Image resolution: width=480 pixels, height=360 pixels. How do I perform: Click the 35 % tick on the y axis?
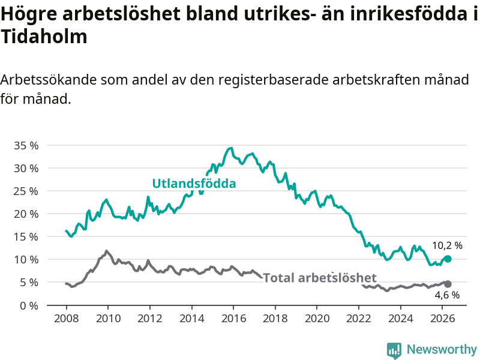26,145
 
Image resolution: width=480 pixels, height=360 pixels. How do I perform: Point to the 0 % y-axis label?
29,305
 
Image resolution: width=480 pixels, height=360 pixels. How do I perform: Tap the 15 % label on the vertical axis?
26,236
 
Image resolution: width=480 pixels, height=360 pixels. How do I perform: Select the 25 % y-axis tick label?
26,191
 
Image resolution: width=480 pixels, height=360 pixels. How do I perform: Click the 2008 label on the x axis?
66,319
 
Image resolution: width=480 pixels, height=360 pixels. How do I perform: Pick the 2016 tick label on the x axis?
233,319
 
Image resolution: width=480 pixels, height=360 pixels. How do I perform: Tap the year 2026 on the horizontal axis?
442,319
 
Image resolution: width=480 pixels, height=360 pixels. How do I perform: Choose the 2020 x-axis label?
317,319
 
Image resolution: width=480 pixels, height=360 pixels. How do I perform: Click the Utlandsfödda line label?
194,184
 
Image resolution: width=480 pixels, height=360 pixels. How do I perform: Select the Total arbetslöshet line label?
320,278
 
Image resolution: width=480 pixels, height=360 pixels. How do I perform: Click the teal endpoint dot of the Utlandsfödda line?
448,259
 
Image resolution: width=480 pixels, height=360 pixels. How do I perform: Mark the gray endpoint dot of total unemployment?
448,284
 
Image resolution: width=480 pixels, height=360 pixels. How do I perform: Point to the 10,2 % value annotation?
447,245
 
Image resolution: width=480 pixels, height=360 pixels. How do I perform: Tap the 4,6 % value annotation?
447,295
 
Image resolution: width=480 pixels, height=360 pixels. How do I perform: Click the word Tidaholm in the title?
44,37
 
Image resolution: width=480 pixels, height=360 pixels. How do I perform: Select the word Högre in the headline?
29,14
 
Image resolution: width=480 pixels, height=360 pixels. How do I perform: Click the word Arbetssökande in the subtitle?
49,80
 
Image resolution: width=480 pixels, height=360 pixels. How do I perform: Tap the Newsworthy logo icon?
394,350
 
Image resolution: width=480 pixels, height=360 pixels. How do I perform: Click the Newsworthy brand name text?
442,349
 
